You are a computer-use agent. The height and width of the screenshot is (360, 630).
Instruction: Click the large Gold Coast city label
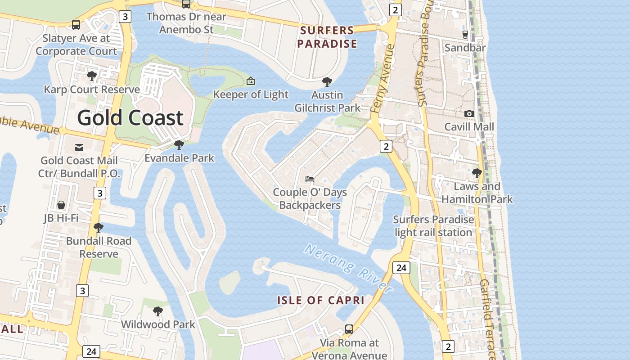pyautogui.click(x=130, y=118)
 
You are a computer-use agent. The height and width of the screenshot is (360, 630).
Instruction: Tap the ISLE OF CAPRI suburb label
pyautogui.click(x=320, y=301)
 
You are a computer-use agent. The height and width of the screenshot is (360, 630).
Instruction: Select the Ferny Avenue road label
pyautogui.click(x=383, y=79)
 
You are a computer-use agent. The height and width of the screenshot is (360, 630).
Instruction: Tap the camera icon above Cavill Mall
pyautogui.click(x=469, y=113)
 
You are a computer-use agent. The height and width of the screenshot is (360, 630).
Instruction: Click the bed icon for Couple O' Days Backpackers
pyautogui.click(x=310, y=179)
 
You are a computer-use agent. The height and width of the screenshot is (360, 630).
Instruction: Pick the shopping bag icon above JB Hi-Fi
pyautogui.click(x=61, y=205)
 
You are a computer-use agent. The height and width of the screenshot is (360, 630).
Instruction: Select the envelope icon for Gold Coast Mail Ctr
pyautogui.click(x=79, y=147)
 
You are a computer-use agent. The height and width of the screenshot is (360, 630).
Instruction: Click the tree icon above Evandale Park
pyautogui.click(x=179, y=144)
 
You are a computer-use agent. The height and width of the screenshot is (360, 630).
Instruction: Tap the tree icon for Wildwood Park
pyautogui.click(x=157, y=311)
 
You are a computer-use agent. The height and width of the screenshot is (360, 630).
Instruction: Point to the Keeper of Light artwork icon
pyautogui.click(x=251, y=81)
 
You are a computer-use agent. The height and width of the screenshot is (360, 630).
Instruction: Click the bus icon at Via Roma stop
pyautogui.click(x=349, y=329)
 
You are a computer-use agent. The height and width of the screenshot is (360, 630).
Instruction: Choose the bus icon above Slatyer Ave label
pyautogui.click(x=76, y=25)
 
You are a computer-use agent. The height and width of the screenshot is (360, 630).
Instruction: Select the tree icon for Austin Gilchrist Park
pyautogui.click(x=327, y=82)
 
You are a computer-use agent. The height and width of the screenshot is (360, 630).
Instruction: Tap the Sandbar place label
pyautogui.click(x=465, y=48)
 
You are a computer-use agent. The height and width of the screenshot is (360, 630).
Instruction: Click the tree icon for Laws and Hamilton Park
pyautogui.click(x=477, y=173)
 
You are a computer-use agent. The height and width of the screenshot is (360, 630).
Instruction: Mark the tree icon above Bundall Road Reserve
pyautogui.click(x=98, y=227)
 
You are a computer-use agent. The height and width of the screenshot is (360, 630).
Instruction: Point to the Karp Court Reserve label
pyautogui.click(x=92, y=90)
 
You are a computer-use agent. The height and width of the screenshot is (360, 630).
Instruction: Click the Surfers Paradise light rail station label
pyautogui.click(x=433, y=226)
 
